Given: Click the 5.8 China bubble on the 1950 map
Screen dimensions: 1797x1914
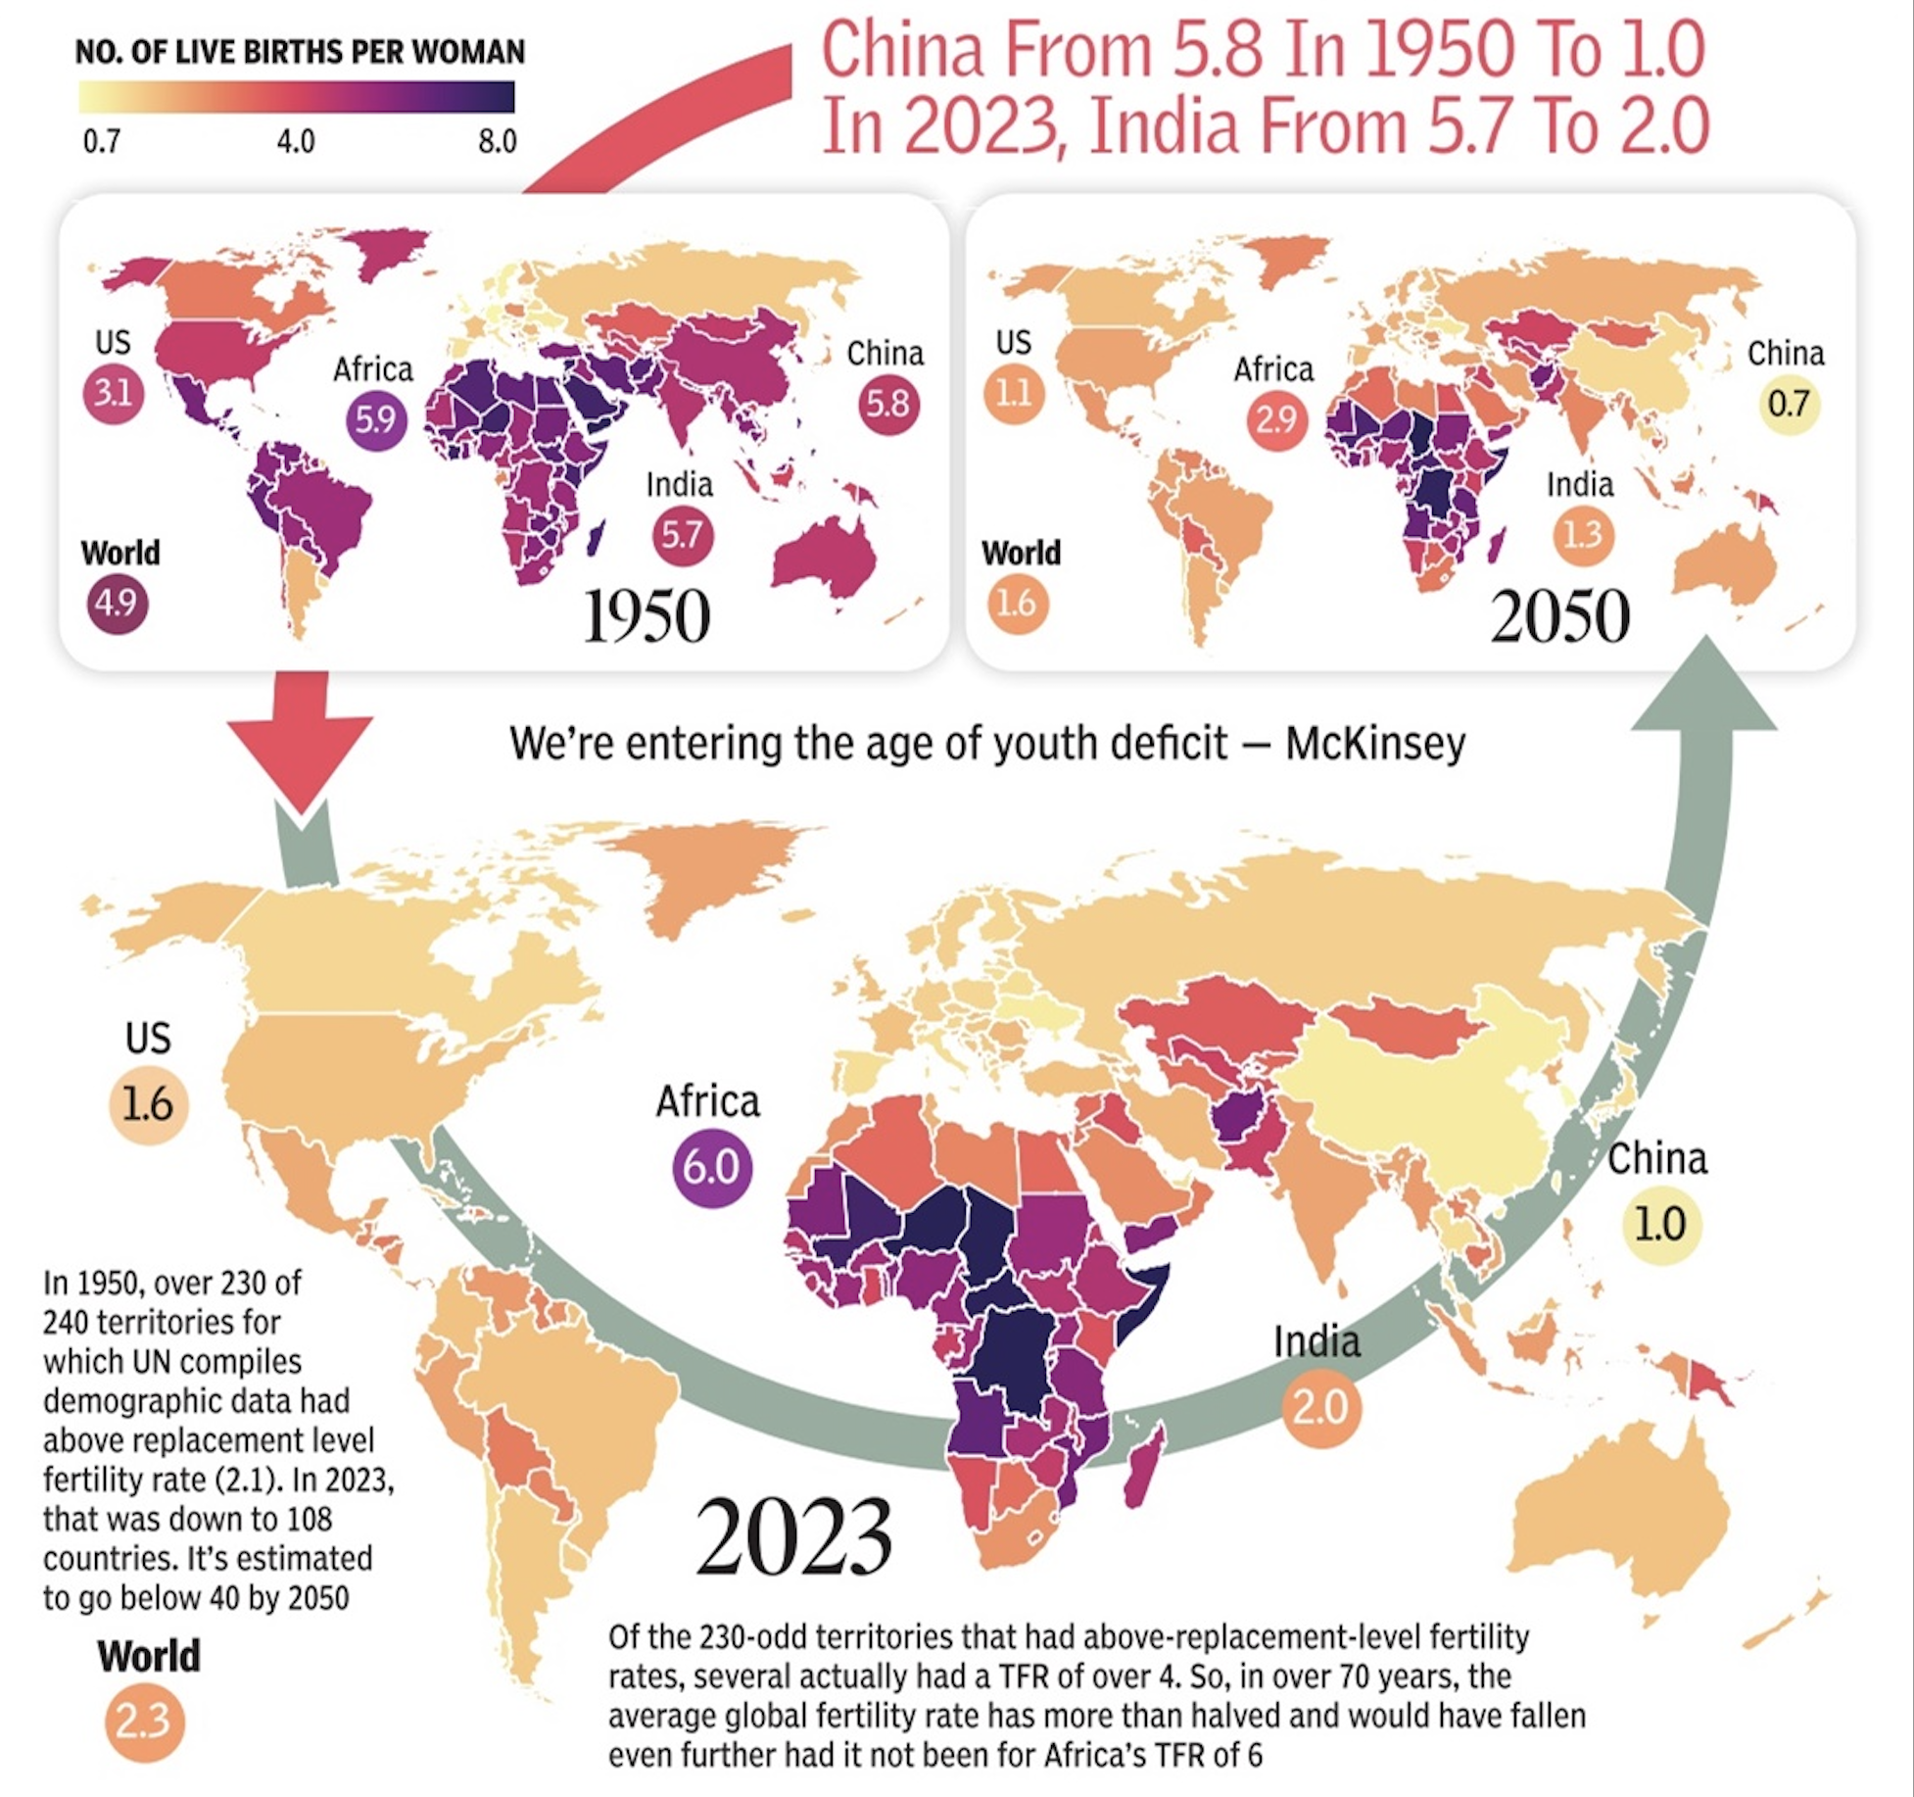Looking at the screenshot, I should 888,404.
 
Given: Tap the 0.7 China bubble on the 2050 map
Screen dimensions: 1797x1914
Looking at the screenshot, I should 1789,404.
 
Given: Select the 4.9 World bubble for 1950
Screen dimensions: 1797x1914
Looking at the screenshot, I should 118,602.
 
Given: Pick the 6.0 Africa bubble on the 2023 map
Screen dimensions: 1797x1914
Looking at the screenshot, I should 712,1166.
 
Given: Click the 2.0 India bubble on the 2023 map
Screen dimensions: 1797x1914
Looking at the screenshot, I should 1321,1407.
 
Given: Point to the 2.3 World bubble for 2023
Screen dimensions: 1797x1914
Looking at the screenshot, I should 144,1721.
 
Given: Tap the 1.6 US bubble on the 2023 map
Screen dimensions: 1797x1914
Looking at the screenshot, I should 148,1104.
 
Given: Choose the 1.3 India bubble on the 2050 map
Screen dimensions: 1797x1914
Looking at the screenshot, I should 1583,535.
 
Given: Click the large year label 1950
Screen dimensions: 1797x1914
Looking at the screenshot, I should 646,616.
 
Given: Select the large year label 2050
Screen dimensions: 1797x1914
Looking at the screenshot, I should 1560,616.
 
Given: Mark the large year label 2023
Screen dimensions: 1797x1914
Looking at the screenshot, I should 793,1535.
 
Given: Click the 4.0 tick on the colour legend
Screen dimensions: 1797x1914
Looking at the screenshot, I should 296,142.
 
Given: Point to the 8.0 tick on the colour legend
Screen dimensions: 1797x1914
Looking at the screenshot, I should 497,142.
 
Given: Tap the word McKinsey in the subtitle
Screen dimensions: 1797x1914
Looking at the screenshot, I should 1375,743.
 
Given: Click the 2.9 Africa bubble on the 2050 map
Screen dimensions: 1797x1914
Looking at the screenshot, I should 1276,419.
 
